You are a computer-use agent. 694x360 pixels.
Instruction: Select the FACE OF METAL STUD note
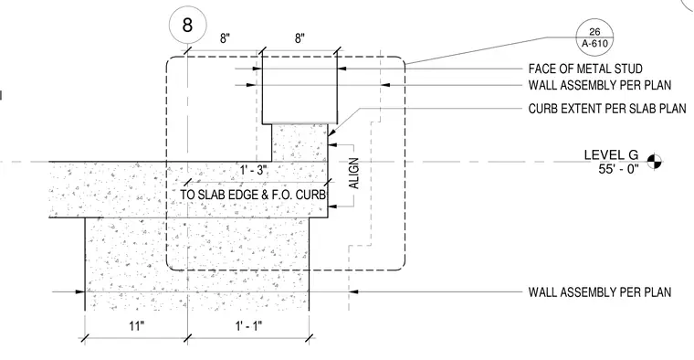pyautogui.click(x=585, y=69)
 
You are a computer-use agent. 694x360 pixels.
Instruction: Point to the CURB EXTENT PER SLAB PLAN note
pyautogui.click(x=607, y=109)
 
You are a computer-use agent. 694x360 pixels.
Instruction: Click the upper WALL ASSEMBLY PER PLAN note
pyautogui.click(x=600, y=85)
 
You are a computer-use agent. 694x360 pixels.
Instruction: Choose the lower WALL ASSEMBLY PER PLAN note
pyautogui.click(x=600, y=292)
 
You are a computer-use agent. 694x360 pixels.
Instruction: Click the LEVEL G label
pyautogui.click(x=611, y=155)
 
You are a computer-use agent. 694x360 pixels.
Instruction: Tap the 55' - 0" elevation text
pyautogui.click(x=619, y=169)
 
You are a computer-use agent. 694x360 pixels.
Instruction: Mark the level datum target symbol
pyautogui.click(x=655, y=162)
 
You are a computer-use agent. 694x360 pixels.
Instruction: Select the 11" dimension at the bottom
pyautogui.click(x=137, y=326)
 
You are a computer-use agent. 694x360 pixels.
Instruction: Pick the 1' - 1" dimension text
pyautogui.click(x=248, y=326)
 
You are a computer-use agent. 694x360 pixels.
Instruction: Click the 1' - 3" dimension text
pyautogui.click(x=254, y=170)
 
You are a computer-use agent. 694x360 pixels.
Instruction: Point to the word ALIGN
pyautogui.click(x=354, y=174)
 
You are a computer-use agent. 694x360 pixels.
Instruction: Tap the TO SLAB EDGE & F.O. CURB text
pyautogui.click(x=253, y=195)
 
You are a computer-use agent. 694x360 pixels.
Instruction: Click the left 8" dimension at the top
pyautogui.click(x=225, y=38)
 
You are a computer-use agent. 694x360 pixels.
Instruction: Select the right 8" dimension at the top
pyautogui.click(x=300, y=38)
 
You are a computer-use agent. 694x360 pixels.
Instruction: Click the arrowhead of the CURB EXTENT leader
pyautogui.click(x=332, y=132)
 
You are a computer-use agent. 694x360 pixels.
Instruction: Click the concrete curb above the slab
pyautogui.click(x=300, y=143)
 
